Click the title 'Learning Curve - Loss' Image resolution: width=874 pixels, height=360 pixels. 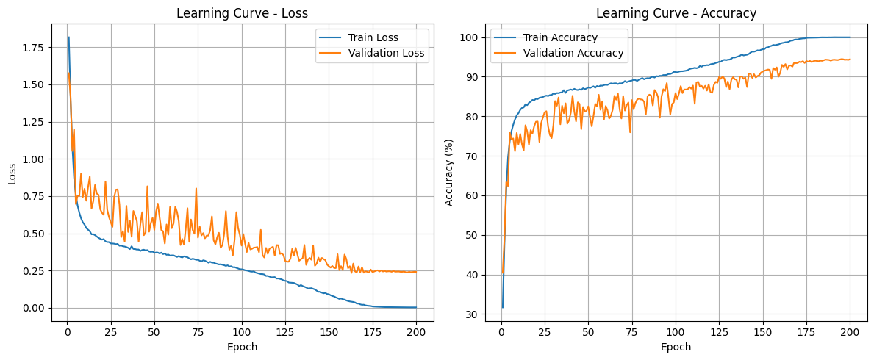click(242, 13)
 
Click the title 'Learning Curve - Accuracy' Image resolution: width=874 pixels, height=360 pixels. click(676, 13)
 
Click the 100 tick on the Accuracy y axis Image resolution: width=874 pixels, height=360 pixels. click(471, 37)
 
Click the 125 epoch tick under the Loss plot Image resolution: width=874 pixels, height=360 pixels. click(285, 333)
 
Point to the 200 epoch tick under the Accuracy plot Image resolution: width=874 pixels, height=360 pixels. click(850, 333)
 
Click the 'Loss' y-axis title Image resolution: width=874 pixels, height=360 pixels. click(12, 173)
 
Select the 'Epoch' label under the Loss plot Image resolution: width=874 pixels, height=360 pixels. click(242, 347)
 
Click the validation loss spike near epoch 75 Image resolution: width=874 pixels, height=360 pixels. click(196, 189)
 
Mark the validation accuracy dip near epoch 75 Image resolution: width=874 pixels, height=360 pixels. click(630, 132)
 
